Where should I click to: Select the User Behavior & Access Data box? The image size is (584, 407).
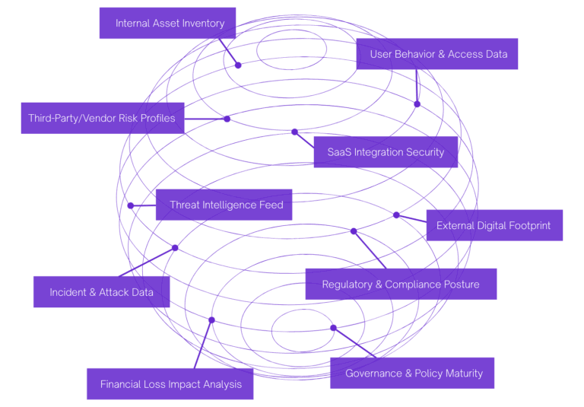tap(437, 54)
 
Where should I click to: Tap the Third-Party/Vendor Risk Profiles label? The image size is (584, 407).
tap(102, 118)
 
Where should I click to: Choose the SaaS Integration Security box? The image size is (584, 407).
tap(386, 152)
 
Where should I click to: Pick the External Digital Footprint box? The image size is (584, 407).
tap(494, 225)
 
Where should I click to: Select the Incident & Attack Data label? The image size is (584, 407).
tap(101, 292)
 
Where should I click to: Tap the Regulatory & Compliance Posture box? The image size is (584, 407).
tap(400, 285)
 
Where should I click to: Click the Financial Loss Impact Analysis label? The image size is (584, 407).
tap(170, 384)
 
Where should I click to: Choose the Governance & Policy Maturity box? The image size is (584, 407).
tap(413, 373)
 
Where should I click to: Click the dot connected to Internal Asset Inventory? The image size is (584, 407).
tap(238, 65)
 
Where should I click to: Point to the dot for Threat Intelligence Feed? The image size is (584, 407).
tap(131, 205)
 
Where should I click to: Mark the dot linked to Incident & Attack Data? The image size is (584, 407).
tap(175, 248)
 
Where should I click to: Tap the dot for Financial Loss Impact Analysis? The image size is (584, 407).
tap(211, 320)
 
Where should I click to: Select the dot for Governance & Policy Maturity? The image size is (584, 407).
tap(333, 328)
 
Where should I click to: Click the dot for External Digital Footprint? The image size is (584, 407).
tap(396, 215)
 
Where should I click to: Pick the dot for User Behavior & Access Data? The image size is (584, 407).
tap(417, 103)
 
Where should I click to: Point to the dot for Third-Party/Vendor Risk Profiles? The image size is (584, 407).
tap(227, 119)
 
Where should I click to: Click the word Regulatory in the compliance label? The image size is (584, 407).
tap(347, 285)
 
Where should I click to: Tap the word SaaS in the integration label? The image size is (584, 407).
tap(339, 152)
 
